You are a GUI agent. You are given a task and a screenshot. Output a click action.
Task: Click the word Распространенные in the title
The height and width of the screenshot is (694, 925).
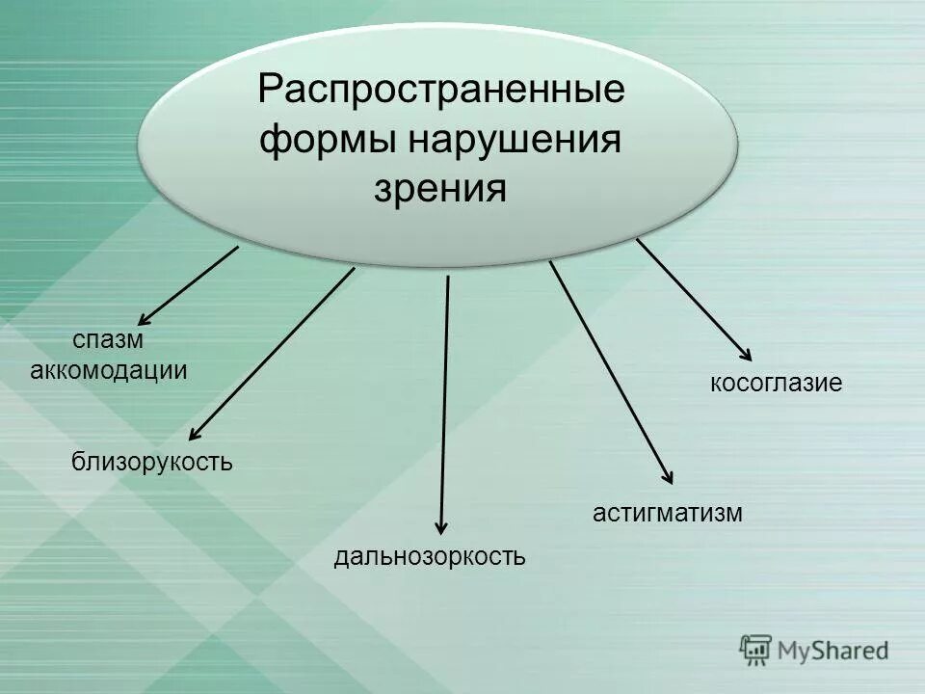pos(441,93)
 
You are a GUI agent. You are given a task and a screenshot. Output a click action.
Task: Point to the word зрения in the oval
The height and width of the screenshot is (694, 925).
pos(440,188)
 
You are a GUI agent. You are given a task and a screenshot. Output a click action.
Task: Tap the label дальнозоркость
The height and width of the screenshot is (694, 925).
pos(430,556)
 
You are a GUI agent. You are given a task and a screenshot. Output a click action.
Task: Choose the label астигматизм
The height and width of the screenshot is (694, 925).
pos(667,512)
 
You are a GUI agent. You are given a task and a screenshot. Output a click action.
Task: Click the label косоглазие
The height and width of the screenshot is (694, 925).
pos(776,384)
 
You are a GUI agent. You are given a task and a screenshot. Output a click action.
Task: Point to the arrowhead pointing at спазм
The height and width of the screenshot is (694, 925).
pos(145,319)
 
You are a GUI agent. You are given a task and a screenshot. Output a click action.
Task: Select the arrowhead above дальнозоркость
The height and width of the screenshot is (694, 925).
pos(441,525)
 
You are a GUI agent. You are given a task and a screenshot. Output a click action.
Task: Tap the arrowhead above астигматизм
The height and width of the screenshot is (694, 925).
pos(668,475)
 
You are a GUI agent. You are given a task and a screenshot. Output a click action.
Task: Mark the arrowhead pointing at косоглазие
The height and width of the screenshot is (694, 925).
pos(744,354)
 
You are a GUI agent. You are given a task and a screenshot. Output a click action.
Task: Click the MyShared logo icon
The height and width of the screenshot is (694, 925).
pos(755,651)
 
